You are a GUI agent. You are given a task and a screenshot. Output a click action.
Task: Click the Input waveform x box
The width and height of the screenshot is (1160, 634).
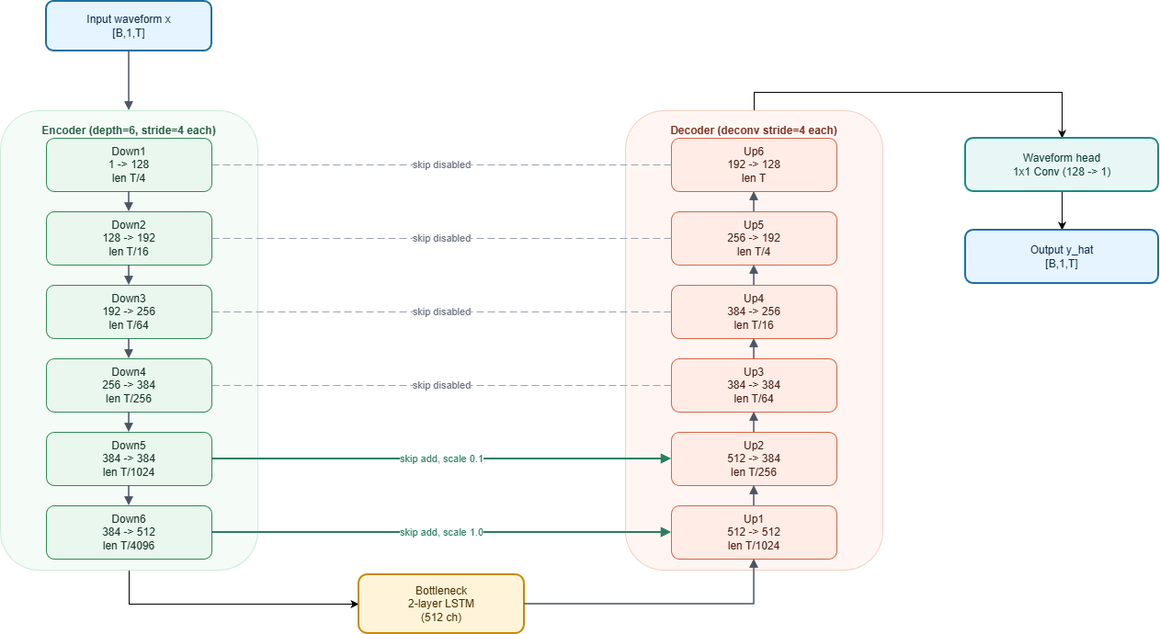[x=129, y=25]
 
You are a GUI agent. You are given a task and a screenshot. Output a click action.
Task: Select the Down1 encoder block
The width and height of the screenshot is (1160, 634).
[x=129, y=165]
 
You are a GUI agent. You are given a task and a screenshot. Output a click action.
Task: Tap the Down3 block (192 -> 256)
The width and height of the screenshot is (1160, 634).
[x=129, y=311]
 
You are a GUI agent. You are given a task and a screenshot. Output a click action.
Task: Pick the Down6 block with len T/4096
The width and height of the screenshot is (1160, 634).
[x=129, y=532]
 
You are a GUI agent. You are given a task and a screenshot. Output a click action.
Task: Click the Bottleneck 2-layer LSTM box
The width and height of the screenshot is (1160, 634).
[x=440, y=604]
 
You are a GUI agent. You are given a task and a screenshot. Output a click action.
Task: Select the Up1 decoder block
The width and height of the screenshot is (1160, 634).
[x=754, y=532]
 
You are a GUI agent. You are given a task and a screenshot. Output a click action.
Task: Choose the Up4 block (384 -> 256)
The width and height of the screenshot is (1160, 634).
[x=754, y=311]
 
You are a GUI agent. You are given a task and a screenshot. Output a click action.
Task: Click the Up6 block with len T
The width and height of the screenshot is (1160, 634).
[x=754, y=165]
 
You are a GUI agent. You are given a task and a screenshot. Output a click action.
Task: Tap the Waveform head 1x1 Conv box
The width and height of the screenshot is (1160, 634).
[x=1062, y=164]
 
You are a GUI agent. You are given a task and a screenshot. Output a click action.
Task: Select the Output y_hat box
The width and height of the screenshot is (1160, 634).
[x=1062, y=256]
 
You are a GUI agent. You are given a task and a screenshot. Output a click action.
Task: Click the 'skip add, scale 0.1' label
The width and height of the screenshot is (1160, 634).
[x=441, y=459]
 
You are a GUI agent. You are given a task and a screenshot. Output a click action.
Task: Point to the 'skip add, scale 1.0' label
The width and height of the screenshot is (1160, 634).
[x=441, y=532]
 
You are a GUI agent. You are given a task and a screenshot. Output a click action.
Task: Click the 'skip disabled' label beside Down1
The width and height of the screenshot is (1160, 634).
[x=441, y=165]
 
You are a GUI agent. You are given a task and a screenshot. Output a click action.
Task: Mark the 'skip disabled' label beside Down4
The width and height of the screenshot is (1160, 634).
[x=441, y=385]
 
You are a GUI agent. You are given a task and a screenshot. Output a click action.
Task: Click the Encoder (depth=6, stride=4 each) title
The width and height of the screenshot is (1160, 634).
[x=129, y=130]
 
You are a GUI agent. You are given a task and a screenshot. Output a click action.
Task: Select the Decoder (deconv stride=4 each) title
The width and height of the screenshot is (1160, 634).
[x=754, y=130]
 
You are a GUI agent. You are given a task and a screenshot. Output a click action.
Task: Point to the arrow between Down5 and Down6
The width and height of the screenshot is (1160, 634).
[x=129, y=495]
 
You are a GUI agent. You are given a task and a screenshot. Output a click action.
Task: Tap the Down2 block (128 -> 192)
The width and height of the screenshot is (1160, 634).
[x=129, y=238]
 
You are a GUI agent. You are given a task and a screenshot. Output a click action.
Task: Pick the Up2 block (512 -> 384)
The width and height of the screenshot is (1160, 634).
[x=754, y=459]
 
